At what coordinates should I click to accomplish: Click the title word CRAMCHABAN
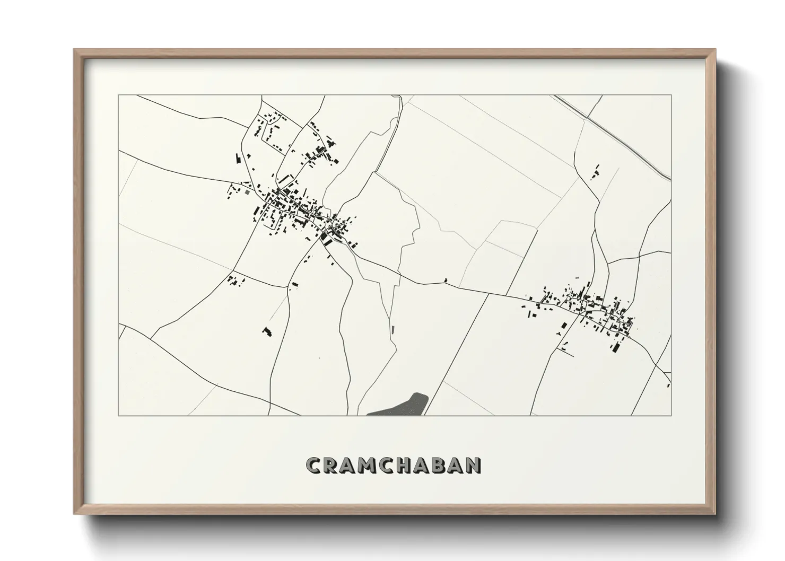(394, 465)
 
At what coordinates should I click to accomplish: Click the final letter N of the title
(475, 465)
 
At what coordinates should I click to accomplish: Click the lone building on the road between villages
(446, 280)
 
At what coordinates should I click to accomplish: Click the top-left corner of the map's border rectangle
(119, 95)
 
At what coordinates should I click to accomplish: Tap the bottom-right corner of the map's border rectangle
(671, 415)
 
